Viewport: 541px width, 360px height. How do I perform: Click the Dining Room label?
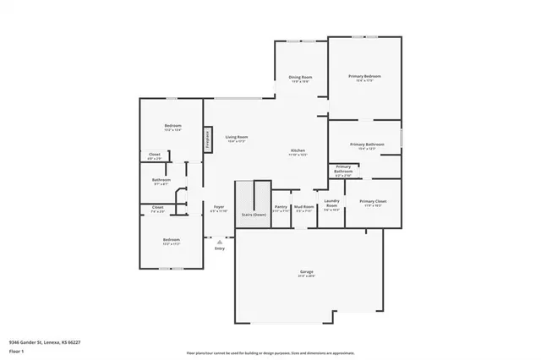click(300, 78)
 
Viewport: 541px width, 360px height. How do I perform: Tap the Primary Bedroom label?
click(364, 77)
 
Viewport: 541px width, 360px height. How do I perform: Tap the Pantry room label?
click(281, 206)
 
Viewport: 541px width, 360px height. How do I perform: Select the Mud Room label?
click(303, 206)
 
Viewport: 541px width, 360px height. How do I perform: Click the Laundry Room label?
click(331, 204)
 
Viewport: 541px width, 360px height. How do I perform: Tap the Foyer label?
click(218, 206)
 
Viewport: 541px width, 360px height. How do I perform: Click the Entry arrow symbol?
click(220, 242)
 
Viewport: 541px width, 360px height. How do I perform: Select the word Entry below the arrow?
click(220, 248)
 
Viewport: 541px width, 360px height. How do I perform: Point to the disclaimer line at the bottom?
click(270, 352)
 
